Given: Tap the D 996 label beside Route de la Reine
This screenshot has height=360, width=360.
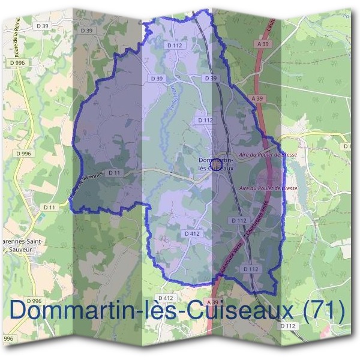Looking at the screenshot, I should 17,62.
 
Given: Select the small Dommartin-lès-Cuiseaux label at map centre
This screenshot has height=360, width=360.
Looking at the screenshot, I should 215,164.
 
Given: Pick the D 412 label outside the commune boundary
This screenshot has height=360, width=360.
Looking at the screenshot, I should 166,298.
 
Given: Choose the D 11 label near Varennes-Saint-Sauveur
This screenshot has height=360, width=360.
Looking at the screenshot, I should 49,207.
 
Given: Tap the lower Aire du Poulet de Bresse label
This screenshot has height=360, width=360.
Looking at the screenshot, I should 268,188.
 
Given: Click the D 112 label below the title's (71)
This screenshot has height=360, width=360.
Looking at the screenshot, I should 289,326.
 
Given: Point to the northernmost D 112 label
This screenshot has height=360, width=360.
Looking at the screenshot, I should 175,45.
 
